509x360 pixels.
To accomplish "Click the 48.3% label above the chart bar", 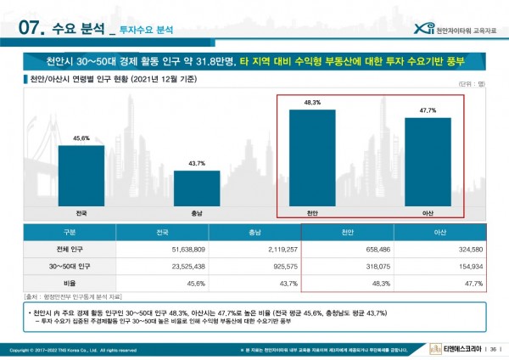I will click(312, 103).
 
